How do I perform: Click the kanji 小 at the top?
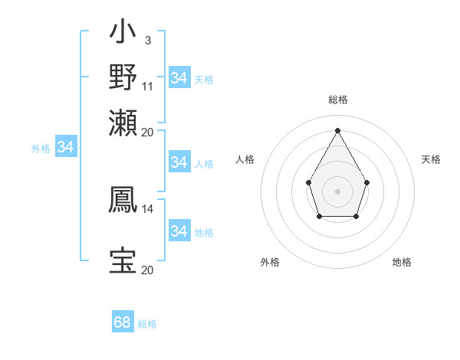(x=123, y=34)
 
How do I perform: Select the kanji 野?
(x=123, y=77)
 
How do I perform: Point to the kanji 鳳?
(x=123, y=199)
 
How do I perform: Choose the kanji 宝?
(x=123, y=260)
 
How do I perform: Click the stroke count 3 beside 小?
(x=147, y=39)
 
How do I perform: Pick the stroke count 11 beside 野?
(x=148, y=85)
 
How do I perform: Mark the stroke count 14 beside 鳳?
(x=148, y=208)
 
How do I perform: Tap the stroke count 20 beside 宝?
(x=148, y=270)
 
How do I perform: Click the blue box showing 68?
(x=123, y=322)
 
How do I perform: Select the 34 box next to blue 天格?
(x=179, y=78)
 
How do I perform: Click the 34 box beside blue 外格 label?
(x=65, y=147)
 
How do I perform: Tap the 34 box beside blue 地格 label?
(x=179, y=231)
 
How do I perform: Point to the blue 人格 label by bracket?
(x=204, y=163)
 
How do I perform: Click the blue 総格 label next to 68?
(x=147, y=324)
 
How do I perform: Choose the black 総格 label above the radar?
(x=337, y=100)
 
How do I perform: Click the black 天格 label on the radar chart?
(x=431, y=159)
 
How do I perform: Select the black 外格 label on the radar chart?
(x=270, y=262)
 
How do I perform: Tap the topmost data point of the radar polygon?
(x=337, y=129)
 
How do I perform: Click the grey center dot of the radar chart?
(x=337, y=190)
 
